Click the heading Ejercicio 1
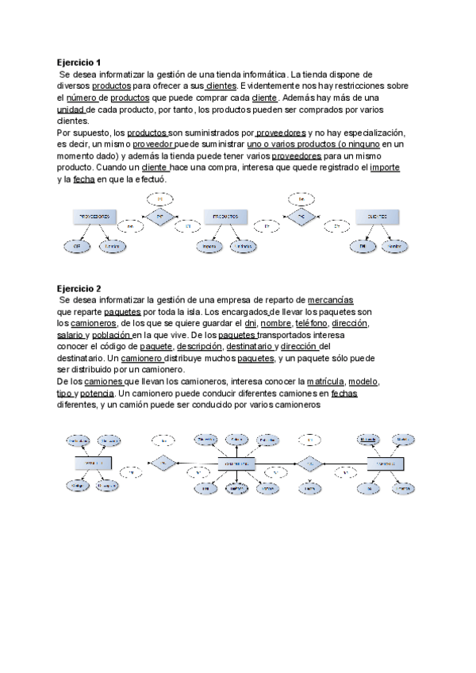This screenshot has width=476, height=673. [79, 61]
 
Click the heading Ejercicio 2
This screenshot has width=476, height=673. [79, 288]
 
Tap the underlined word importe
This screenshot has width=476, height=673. [385, 168]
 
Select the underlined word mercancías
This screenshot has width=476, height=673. [330, 300]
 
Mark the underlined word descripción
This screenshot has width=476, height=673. [199, 347]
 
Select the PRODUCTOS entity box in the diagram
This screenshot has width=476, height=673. [227, 217]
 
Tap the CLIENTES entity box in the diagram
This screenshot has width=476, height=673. [376, 217]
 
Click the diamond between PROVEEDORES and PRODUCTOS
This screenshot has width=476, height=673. [159, 216]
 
